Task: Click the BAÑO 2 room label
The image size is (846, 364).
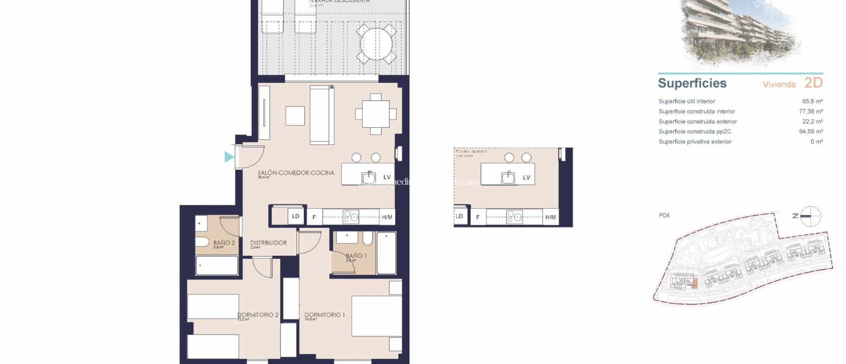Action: (224, 243)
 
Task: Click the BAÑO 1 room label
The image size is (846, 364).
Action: (356, 256)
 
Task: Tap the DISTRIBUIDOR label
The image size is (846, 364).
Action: (268, 243)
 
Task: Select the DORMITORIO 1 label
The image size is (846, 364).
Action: (324, 315)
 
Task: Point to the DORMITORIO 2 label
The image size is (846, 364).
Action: (258, 315)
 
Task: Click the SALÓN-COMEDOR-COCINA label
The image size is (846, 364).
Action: (296, 173)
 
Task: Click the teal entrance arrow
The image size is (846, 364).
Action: (229, 157)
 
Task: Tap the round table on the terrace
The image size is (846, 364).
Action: (376, 44)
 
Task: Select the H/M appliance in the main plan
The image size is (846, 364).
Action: (387, 217)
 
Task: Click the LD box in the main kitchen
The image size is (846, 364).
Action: (295, 216)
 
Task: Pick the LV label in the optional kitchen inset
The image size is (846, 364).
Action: (526, 177)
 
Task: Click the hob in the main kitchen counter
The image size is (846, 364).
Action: (351, 217)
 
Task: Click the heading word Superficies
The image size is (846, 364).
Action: (692, 83)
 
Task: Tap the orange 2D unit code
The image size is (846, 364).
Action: (813, 83)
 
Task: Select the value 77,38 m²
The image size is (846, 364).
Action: (810, 111)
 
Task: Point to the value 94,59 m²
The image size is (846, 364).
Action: (810, 132)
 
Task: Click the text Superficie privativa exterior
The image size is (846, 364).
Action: (695, 141)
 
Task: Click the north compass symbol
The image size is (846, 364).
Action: (810, 216)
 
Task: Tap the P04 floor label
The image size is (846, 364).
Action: (664, 215)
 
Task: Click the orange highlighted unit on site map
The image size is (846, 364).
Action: (694, 284)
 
